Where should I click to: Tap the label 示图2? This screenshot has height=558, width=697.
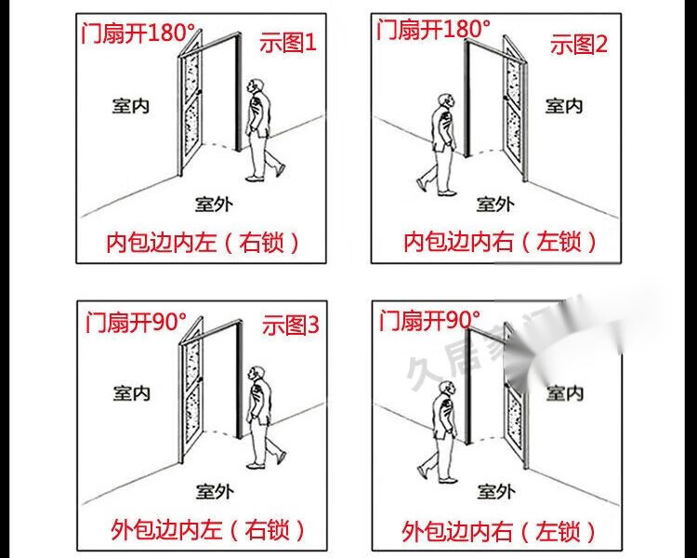pyautogui.click(x=578, y=43)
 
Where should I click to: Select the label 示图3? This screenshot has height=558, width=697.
pyautogui.click(x=290, y=325)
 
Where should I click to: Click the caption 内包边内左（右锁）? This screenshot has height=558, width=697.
pyautogui.click(x=204, y=243)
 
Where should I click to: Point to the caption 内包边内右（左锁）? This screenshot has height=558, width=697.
pyautogui.click(x=498, y=242)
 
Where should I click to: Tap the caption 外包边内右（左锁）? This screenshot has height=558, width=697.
pyautogui.click(x=499, y=531)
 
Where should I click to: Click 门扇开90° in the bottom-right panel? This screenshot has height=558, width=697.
pyautogui.click(x=429, y=322)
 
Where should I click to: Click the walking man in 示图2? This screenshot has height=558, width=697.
pyautogui.click(x=441, y=144)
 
